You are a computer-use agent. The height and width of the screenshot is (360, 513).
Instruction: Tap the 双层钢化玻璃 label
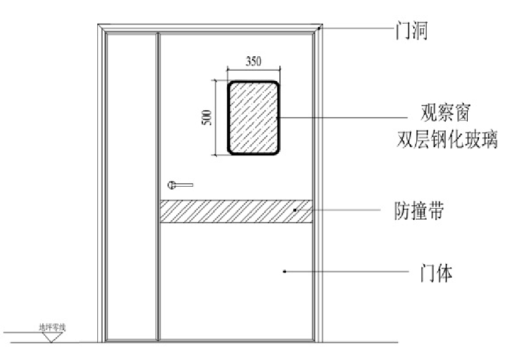click(x=447, y=140)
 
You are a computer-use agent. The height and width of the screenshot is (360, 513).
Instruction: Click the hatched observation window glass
click(x=253, y=118)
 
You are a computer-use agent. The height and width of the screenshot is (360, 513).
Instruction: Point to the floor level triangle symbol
click(x=52, y=336)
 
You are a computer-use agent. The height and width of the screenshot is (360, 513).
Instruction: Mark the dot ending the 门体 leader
click(x=285, y=271)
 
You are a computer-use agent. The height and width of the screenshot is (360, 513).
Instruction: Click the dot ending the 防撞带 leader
click(x=295, y=210)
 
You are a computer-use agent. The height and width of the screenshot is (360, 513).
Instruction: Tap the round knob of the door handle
click(x=172, y=186)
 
